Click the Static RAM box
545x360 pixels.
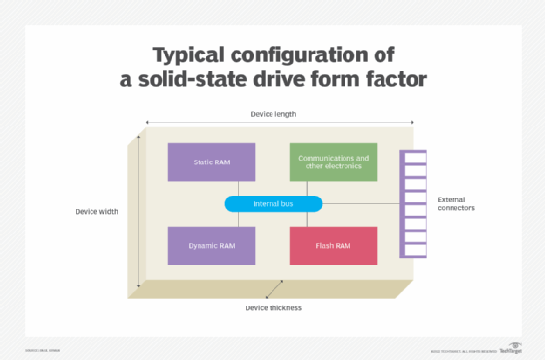tap(211, 162)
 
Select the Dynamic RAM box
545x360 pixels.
tap(211, 245)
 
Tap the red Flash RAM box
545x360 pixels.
tap(333, 245)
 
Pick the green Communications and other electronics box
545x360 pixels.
tap(333, 162)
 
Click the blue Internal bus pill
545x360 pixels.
tap(273, 203)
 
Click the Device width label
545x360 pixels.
tap(96, 211)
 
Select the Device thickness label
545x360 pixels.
tap(273, 308)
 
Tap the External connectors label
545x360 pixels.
tap(456, 203)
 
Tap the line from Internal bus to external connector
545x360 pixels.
tap(360, 203)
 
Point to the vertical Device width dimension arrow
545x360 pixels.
tap(140, 211)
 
